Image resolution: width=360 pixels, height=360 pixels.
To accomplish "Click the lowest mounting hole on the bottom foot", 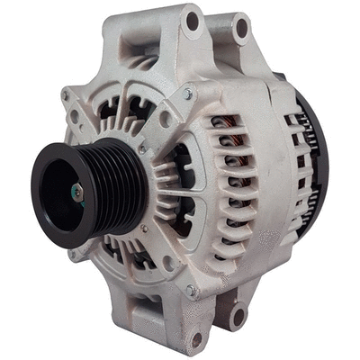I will pyautogui.click(x=196, y=340).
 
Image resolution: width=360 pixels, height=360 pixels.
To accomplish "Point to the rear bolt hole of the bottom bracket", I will pyautogui.click(x=238, y=316).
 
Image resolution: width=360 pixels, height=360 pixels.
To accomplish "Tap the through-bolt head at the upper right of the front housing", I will pyautogui.click(x=188, y=94).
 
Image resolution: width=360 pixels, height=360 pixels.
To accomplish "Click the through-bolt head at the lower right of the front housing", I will pyautogui.click(x=191, y=290).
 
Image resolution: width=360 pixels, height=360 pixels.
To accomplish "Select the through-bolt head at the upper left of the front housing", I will pyautogui.click(x=67, y=95).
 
